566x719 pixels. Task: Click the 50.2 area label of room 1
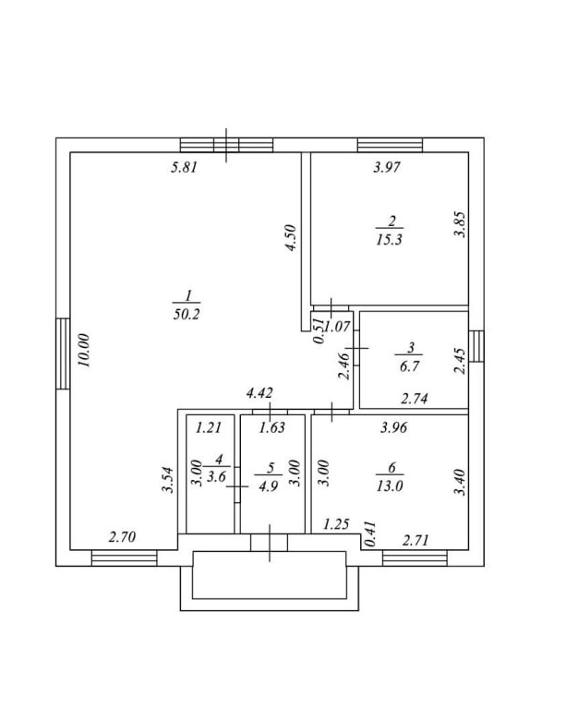[187, 314]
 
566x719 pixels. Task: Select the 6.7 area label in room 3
[411, 366]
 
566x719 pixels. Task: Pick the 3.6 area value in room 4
[217, 476]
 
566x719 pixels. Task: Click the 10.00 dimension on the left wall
[84, 351]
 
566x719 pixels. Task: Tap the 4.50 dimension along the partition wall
[291, 238]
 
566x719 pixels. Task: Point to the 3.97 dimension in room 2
[387, 167]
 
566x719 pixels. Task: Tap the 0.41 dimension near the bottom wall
[370, 535]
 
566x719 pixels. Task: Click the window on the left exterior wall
[62, 354]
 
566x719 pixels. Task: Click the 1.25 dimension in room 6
[335, 525]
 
